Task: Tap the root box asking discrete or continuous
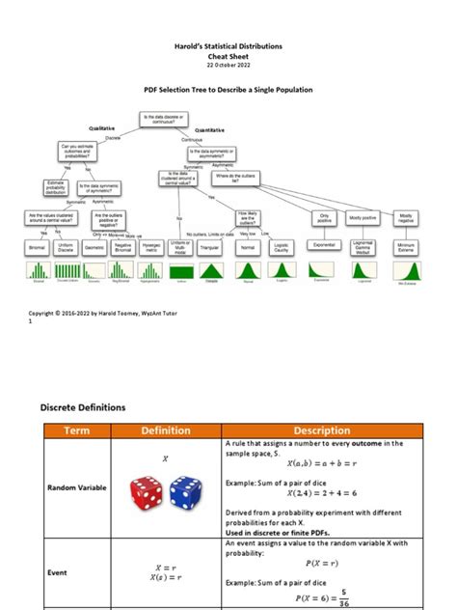[164, 118]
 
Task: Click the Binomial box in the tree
[38, 247]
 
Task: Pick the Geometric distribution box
[94, 247]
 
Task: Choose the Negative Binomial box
[122, 247]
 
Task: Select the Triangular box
[208, 247]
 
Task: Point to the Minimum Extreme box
[406, 247]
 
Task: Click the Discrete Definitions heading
[83, 407]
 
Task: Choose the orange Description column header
[321, 430]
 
